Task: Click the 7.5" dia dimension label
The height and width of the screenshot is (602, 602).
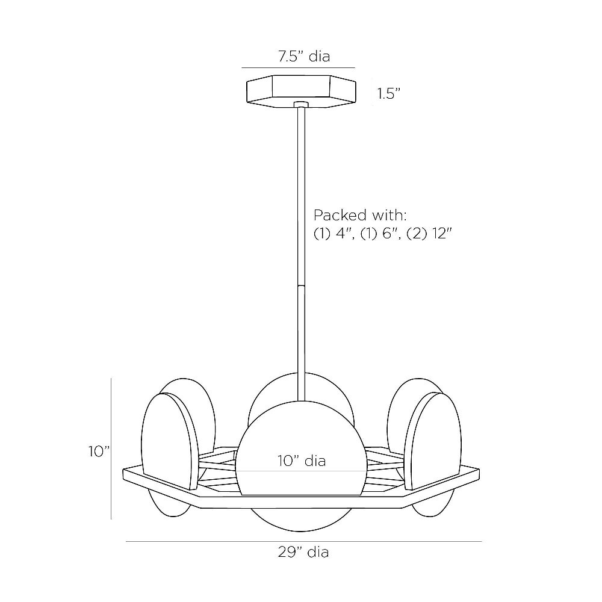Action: [x=303, y=57]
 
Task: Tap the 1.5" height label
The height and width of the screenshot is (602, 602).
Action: [x=388, y=94]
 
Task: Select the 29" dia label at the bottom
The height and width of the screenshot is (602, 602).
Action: [x=303, y=552]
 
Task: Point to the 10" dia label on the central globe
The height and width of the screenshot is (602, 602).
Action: [x=302, y=461]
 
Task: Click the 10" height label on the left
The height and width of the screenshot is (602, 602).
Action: [x=99, y=451]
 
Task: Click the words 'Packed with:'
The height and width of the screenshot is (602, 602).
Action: [x=360, y=216]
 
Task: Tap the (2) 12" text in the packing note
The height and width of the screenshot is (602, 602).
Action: [x=429, y=234]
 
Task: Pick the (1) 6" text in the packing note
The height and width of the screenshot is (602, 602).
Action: [x=380, y=234]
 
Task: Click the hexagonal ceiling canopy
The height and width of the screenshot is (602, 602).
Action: [x=301, y=92]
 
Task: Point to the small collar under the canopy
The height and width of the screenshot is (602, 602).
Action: [x=300, y=104]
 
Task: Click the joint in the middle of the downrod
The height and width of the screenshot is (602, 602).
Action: [x=301, y=286]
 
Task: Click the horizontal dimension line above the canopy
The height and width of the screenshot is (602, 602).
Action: [x=299, y=68]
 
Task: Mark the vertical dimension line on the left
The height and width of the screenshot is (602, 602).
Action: [x=111, y=448]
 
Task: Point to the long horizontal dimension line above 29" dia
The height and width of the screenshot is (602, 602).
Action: [x=303, y=541]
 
